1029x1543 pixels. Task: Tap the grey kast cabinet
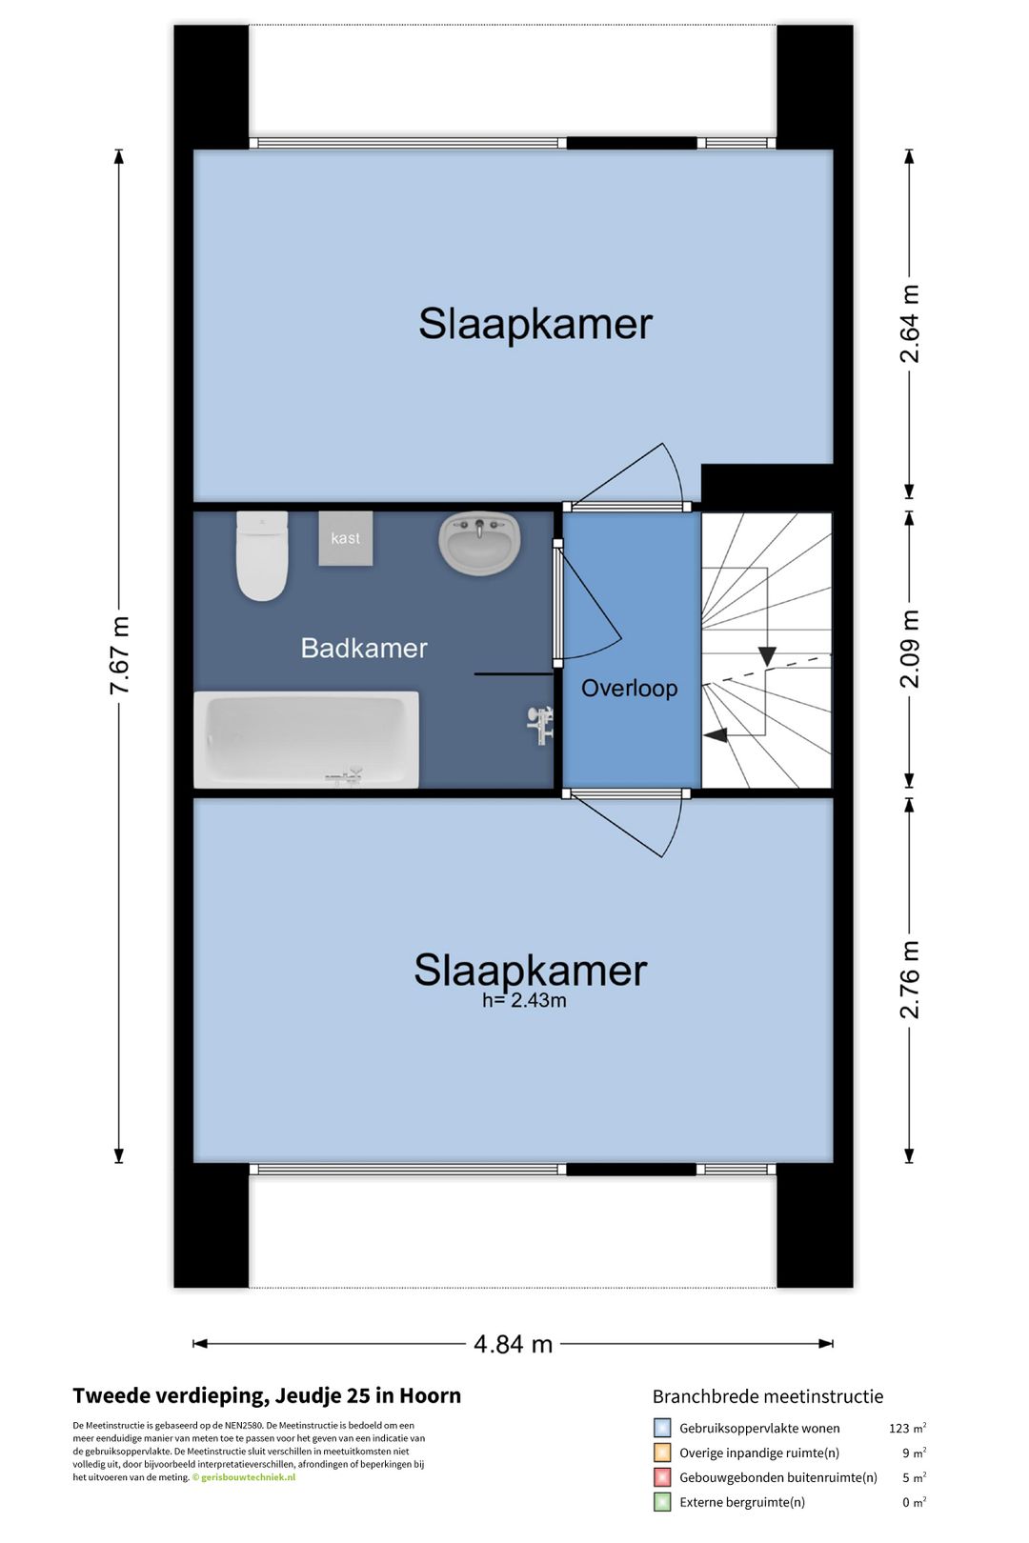coord(345,538)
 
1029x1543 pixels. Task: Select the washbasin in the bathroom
coord(479,544)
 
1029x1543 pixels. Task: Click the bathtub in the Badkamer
coord(306,739)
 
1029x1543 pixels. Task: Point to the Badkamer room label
coord(364,649)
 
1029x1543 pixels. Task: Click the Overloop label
coord(629,688)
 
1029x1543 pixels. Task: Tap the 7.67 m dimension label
coord(120,655)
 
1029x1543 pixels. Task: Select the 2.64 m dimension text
coord(909,323)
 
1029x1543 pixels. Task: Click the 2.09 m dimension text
coord(909,649)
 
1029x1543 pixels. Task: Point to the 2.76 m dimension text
coord(909,979)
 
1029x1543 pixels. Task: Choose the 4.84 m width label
coord(514,1343)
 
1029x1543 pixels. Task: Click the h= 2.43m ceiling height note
coord(524,1000)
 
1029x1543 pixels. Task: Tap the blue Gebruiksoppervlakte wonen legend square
coord(661,1427)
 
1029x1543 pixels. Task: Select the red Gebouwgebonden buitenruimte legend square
coord(661,1477)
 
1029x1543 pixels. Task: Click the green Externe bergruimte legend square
coord(661,1502)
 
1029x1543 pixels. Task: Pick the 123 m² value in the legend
coord(907,1428)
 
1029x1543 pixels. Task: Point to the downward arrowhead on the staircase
coord(767,656)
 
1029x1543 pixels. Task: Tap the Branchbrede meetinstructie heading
coord(768,1396)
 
